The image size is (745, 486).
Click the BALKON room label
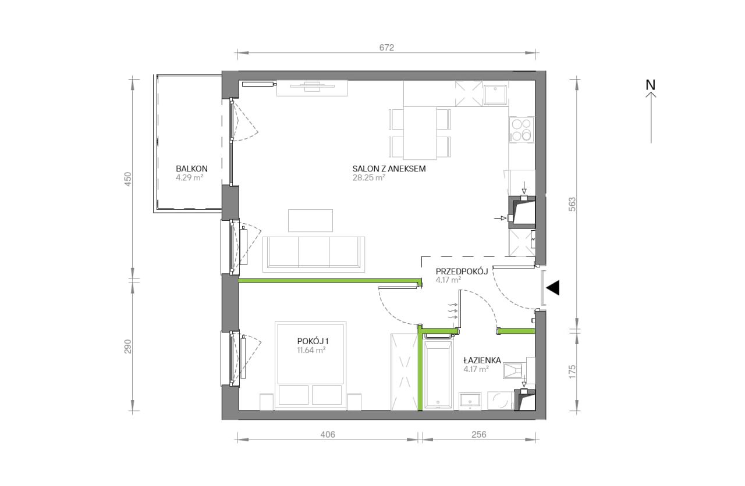click(191, 169)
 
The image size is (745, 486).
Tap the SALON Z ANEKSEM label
click(389, 169)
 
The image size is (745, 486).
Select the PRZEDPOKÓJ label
click(462, 271)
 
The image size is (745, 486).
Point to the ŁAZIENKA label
click(483, 360)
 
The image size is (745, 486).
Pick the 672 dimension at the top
click(387, 48)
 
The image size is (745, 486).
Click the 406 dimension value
click(328, 434)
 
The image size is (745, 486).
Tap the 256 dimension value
click(479, 434)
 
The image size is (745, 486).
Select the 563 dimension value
click(572, 204)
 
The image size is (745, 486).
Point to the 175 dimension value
click(572, 372)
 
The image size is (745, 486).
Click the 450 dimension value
click(128, 178)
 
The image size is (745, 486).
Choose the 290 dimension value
click(128, 346)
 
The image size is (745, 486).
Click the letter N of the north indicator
click(651, 85)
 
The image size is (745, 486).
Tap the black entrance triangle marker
click(553, 288)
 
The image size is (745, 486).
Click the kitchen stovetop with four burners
click(521, 130)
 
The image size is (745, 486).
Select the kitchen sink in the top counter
click(495, 95)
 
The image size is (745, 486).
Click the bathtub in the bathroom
click(438, 374)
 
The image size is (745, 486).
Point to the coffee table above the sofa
click(310, 220)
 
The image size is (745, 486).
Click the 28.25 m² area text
click(369, 177)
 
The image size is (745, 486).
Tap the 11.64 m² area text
click(311, 350)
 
